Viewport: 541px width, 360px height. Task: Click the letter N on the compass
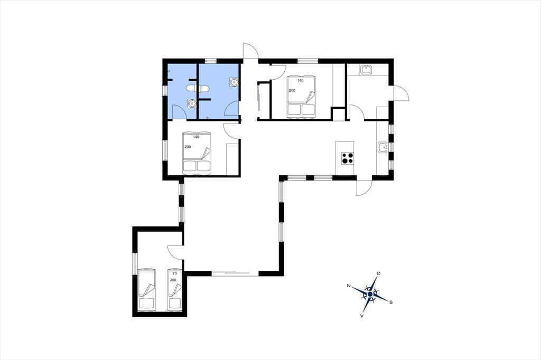[x=349, y=286]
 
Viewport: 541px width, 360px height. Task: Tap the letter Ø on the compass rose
[x=379, y=273]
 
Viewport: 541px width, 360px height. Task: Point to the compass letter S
[x=391, y=302]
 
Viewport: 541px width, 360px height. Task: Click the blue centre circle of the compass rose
[x=370, y=294]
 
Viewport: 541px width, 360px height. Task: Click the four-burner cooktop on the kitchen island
[x=348, y=158]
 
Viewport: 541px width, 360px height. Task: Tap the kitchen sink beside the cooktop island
[x=383, y=148]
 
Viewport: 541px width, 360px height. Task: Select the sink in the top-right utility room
[x=366, y=70]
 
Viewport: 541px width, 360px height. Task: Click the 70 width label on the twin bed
[x=175, y=273]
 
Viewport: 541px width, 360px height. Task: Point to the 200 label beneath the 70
[x=173, y=280]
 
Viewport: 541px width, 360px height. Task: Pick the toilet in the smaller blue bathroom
[x=191, y=88]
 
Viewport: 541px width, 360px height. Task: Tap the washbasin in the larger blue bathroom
[x=234, y=82]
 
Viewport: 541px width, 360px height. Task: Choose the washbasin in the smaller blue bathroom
[x=191, y=103]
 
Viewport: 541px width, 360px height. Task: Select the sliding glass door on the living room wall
[x=230, y=273]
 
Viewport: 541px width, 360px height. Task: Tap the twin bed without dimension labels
[x=147, y=289]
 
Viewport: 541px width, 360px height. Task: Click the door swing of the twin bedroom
[x=174, y=252]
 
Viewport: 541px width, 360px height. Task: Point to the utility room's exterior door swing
[x=401, y=93]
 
